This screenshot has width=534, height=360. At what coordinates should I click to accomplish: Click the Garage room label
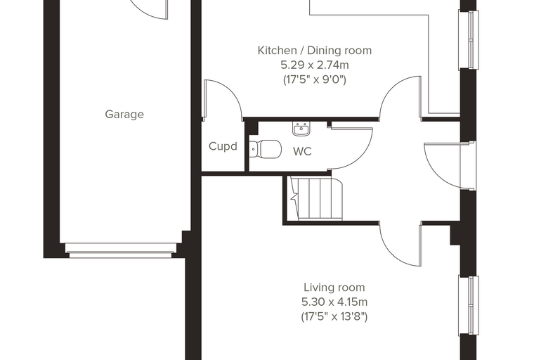point(124,114)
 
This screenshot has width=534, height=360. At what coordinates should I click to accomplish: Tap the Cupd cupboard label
point(223,146)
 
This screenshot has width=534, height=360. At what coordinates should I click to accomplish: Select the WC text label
point(302,151)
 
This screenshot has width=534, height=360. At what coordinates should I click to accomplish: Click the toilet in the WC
point(266,149)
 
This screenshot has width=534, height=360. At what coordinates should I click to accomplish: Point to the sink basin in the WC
point(301,129)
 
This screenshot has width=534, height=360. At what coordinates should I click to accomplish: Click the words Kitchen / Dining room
point(314,51)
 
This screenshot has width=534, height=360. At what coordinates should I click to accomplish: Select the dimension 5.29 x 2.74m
point(314,65)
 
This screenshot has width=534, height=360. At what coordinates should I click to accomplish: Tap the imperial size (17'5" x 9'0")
point(314,79)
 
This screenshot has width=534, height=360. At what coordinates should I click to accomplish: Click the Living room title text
point(334,288)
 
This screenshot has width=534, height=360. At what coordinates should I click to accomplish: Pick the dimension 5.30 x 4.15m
point(334,302)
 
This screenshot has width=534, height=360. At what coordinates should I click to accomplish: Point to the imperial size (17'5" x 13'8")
point(334,316)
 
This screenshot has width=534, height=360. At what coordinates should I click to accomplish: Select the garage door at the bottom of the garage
point(121,250)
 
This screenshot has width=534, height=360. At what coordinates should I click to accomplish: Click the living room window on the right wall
point(469,306)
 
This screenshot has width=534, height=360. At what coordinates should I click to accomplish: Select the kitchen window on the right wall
point(469,40)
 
